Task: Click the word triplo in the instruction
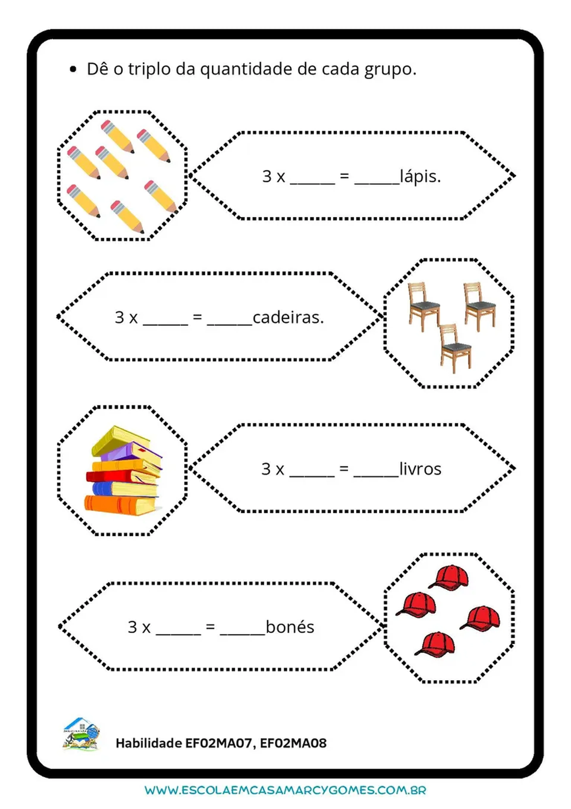(x=149, y=69)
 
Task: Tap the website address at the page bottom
(x=285, y=790)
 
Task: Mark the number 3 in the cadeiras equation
(x=119, y=318)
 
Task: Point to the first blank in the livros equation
(x=312, y=474)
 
